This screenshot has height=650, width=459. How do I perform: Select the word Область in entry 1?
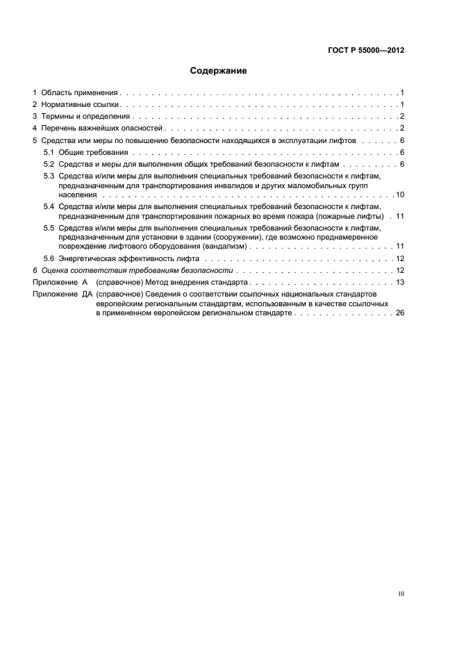(56, 92)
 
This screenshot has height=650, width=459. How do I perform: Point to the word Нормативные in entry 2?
(65, 104)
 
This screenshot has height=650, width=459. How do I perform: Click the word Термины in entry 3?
(57, 116)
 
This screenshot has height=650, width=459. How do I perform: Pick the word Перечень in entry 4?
(58, 128)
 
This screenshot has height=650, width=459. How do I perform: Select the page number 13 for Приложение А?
(400, 283)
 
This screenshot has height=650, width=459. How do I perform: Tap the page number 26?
(400, 314)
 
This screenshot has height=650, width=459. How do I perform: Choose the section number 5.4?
(49, 207)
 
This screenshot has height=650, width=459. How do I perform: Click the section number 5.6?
(49, 258)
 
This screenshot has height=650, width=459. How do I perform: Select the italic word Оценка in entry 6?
(55, 270)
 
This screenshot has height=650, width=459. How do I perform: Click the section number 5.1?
(49, 151)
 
